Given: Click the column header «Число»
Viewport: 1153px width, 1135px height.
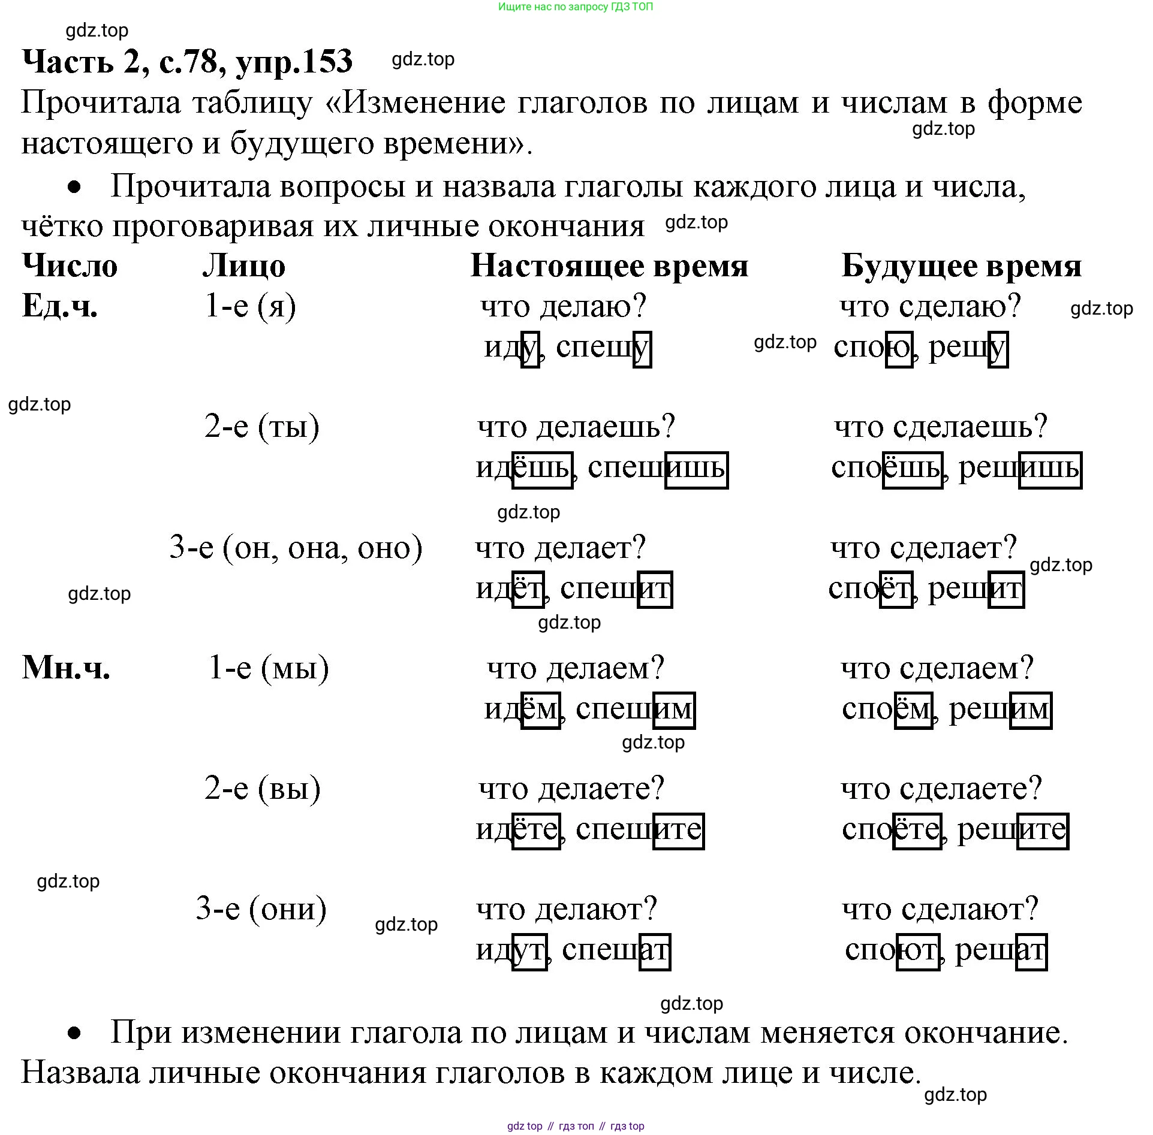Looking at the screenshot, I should pos(70,266).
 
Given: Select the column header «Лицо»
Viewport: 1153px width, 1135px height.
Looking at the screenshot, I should pos(243,266).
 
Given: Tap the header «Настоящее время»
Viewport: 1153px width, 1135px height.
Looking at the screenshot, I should pos(609,266).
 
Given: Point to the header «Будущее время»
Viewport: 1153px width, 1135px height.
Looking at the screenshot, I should pos(961,266).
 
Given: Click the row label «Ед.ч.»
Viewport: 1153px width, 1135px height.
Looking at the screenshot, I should pos(59,306).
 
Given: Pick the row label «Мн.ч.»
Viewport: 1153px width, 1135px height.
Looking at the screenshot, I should pos(66,668).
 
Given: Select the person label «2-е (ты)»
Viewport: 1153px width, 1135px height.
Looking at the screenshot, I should pos(262,427).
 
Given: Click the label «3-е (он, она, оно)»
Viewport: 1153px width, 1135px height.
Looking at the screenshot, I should pos(296,547).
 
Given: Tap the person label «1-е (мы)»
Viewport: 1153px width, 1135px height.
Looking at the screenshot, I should pos(269,668).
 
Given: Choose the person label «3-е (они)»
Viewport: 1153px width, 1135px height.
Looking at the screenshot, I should pos(261,909).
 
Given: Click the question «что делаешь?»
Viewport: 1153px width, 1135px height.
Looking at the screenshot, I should pos(576,427).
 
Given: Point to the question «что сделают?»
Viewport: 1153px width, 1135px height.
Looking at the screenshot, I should pos(940,909).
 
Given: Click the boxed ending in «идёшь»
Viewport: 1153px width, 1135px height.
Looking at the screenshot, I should pos(542,470).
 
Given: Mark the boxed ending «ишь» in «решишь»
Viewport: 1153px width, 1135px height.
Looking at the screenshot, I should pos(1050,470).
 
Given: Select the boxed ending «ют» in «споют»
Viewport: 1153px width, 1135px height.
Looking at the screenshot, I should pos(918,952).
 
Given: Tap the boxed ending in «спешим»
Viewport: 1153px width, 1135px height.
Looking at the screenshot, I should pos(674,711).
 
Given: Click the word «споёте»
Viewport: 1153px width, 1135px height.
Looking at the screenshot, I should pos(892,831).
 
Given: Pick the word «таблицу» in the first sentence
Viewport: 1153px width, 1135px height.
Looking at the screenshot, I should pos(252,103).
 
